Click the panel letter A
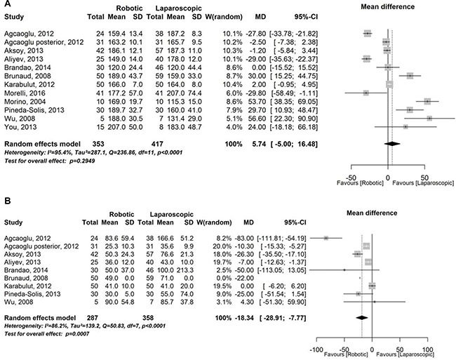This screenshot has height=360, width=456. [5, 4]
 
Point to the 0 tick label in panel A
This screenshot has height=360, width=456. [388, 170]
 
